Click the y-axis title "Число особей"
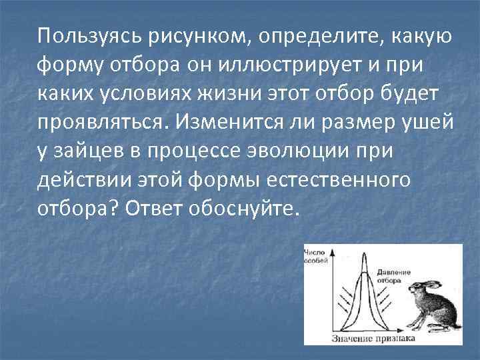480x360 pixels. (x=314, y=257)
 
